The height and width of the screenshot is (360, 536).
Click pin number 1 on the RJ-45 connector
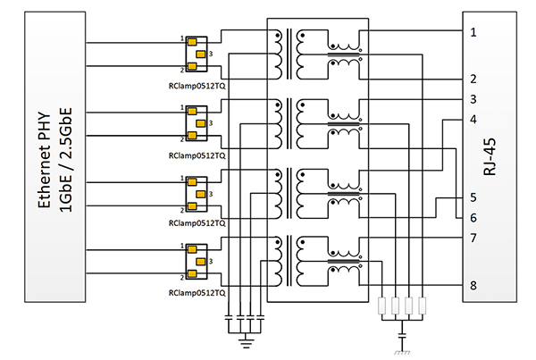pyautogui.click(x=473, y=32)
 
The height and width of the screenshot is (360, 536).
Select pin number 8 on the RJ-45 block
pyautogui.click(x=473, y=287)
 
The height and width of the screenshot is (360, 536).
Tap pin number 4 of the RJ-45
pyautogui.click(x=473, y=119)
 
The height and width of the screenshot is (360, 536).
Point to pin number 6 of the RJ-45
pyautogui.click(x=473, y=218)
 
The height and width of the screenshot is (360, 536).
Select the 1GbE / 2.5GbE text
pyautogui.click(x=65, y=160)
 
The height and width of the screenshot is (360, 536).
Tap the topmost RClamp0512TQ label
pyautogui.click(x=197, y=88)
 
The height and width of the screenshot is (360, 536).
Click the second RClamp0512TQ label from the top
pyautogui.click(x=197, y=154)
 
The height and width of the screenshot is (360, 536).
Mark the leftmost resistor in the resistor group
pyautogui.click(x=383, y=306)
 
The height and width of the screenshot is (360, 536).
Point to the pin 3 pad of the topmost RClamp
pyautogui.click(x=202, y=54)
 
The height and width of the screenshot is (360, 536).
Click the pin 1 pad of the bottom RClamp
pyautogui.click(x=189, y=246)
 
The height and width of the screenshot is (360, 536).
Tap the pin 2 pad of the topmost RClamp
pyautogui.click(x=189, y=68)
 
